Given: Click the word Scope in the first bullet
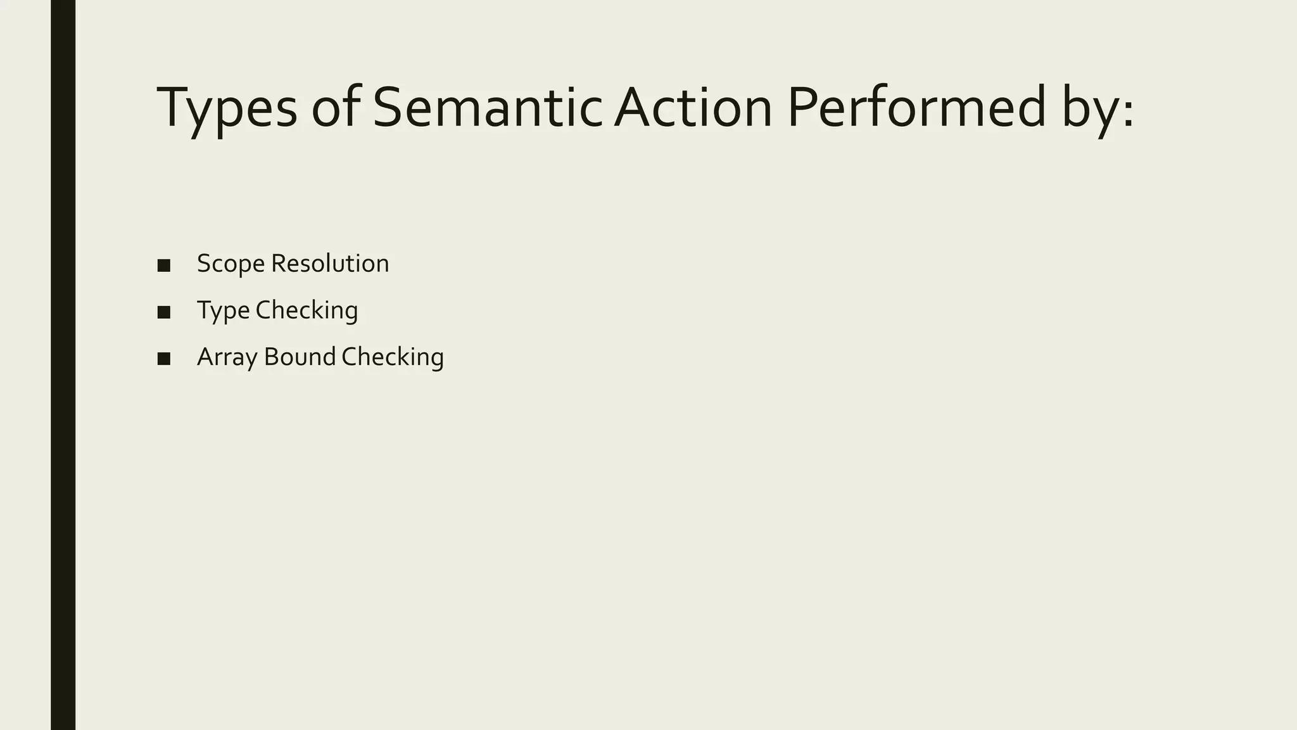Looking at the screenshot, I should click(x=231, y=264).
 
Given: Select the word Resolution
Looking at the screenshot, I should click(x=330, y=263).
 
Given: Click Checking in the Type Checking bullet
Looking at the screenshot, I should click(x=307, y=311).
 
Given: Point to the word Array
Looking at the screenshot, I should click(x=227, y=357).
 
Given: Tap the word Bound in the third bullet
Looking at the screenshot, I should click(x=300, y=357).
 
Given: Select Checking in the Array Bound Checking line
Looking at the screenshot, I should click(x=393, y=357).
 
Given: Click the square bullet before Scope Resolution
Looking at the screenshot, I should click(x=164, y=266).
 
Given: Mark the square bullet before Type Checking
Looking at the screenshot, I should click(x=164, y=312).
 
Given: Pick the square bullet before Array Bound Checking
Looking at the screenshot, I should click(x=164, y=359).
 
